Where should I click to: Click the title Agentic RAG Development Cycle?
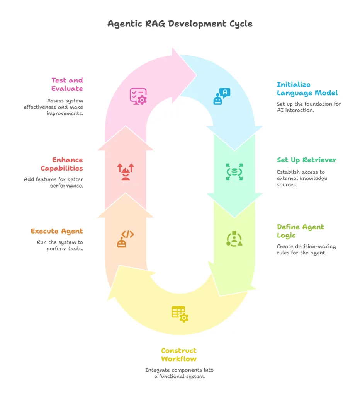(180, 24)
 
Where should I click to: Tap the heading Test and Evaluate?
(67, 84)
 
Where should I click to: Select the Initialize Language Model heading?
(307, 89)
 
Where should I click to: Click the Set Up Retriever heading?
(307, 160)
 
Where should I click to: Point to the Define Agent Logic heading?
(300, 231)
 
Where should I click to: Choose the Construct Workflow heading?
(179, 355)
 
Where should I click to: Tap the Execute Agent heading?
(57, 231)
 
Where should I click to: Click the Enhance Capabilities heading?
(62, 164)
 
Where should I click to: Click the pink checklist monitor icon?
(138, 96)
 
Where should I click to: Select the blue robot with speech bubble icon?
(222, 96)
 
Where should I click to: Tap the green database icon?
(234, 172)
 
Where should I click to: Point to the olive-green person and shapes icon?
(234, 239)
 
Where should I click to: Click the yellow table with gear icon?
(180, 314)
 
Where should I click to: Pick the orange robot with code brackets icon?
(126, 239)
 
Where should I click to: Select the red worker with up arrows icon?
(126, 172)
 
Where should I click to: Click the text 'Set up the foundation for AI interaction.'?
(309, 107)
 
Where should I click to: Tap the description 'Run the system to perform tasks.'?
(60, 245)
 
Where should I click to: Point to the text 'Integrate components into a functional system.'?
(179, 373)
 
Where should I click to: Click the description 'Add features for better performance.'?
(53, 183)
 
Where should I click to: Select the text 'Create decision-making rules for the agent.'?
(306, 249)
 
